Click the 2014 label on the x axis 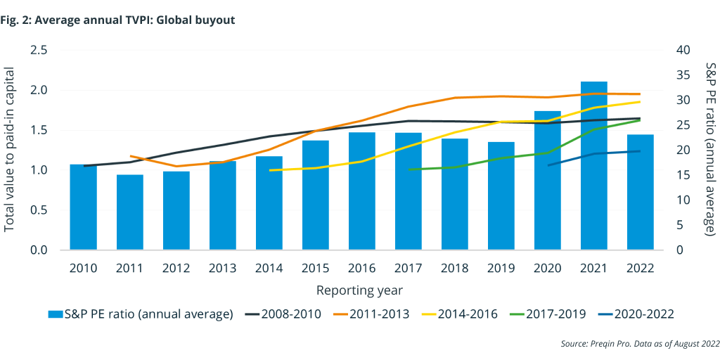tap(269, 268)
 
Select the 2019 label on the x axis tap(501, 268)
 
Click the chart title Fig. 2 tap(118, 20)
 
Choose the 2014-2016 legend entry tap(465, 314)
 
